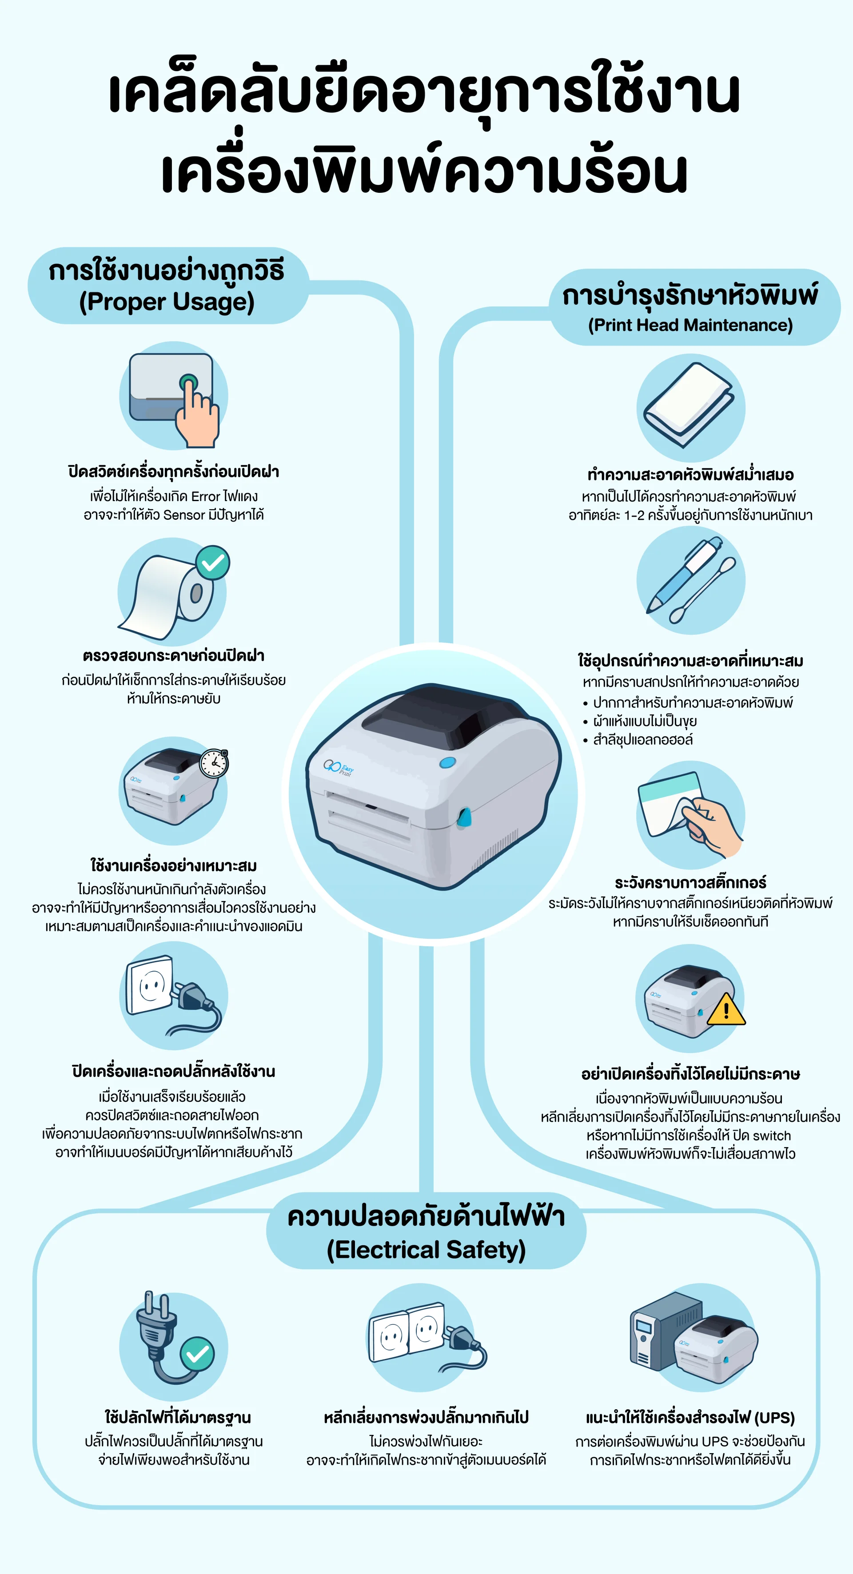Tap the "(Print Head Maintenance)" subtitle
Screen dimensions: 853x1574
tap(690, 325)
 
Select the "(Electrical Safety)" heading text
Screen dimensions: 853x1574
tap(426, 1250)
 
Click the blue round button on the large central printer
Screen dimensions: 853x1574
tap(448, 762)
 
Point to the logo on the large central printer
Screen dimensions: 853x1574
tap(339, 767)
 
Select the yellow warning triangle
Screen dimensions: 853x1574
tap(726, 1009)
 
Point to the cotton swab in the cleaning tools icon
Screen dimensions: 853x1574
tap(703, 590)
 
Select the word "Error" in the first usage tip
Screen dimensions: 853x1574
tap(205, 497)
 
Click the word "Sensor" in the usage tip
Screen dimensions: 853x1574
tap(184, 515)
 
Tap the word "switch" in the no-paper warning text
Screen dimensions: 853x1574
tap(772, 1136)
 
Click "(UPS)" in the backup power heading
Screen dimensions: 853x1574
tap(775, 1418)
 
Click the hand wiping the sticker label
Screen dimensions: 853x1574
tap(712, 825)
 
